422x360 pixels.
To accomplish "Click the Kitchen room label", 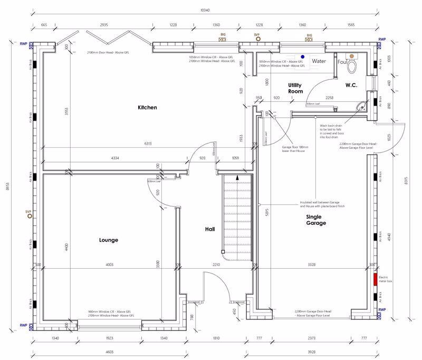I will [x=147, y=108].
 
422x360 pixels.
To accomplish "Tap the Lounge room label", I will [x=109, y=240].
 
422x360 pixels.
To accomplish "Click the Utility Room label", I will [x=294, y=88].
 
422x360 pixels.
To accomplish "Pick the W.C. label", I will [x=352, y=85].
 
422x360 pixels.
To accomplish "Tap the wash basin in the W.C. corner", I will [x=362, y=106].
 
